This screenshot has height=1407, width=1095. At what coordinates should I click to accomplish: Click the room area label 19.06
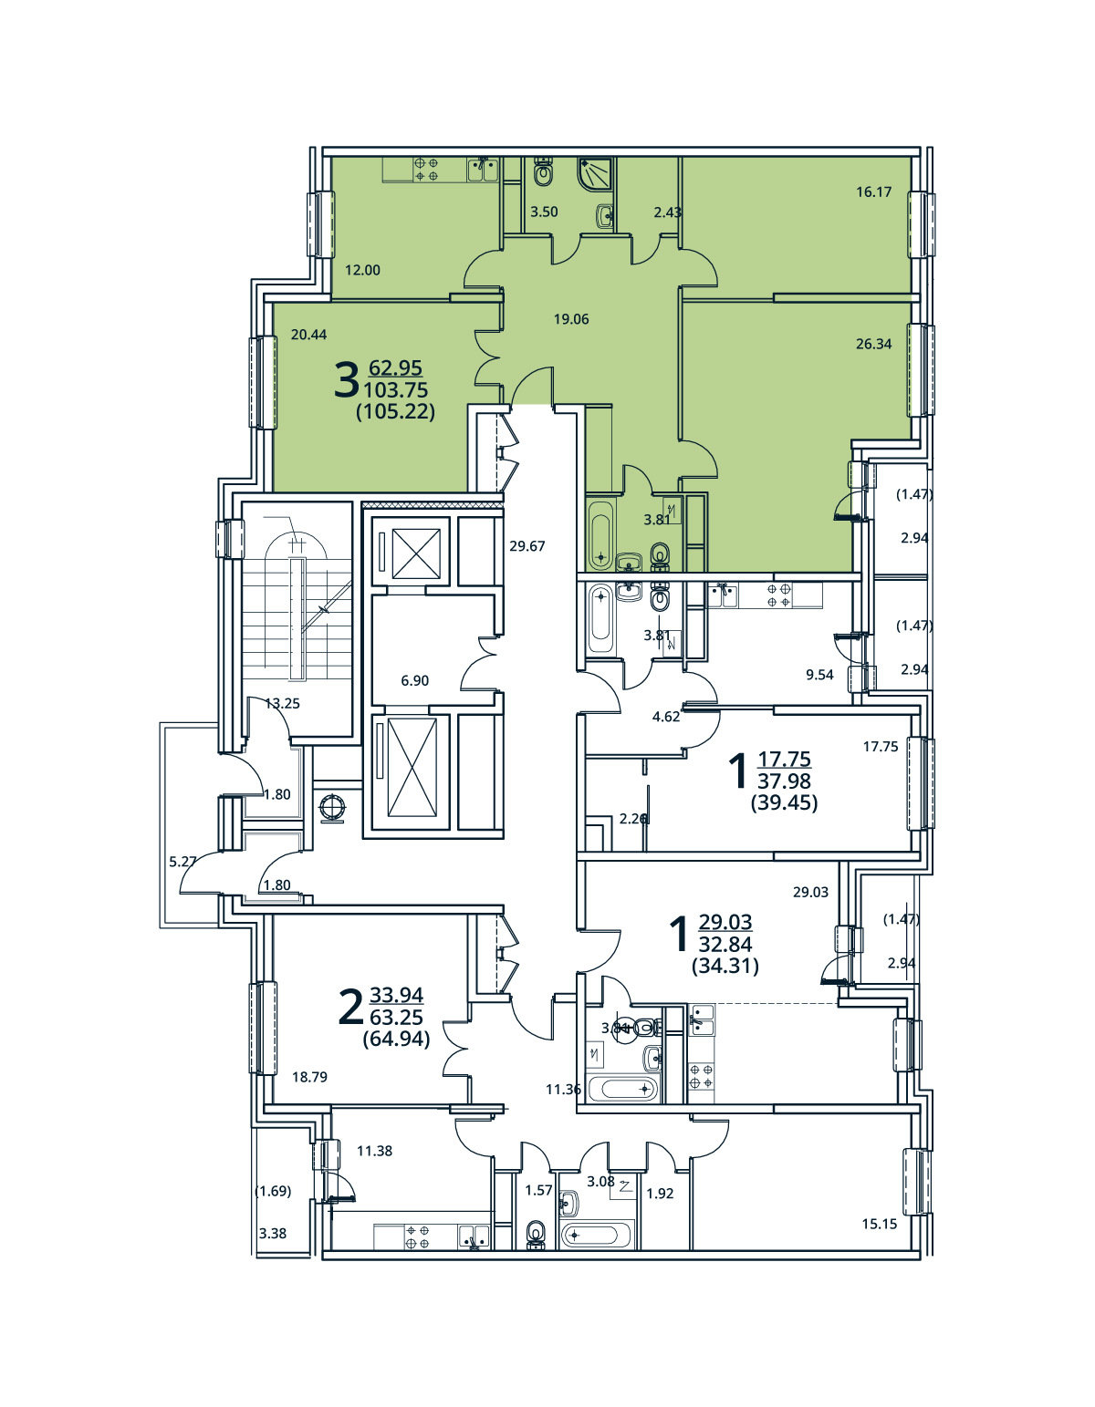[571, 319]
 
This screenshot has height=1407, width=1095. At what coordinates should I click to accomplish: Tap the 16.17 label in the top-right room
[873, 191]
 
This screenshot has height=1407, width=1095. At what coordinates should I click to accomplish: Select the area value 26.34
[873, 344]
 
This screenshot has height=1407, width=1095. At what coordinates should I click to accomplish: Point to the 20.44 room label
[308, 335]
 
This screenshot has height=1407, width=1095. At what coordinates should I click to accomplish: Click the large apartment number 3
[346, 380]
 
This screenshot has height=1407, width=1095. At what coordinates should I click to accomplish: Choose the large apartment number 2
[350, 1008]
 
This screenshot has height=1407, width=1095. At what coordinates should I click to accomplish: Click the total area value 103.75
[395, 390]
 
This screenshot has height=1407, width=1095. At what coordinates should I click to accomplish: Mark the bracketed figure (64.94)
[396, 1039]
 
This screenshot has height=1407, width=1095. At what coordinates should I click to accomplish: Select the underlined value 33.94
[396, 995]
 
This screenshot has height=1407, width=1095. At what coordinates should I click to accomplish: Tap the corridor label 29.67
[527, 546]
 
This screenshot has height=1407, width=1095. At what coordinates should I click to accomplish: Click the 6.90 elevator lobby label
[414, 680]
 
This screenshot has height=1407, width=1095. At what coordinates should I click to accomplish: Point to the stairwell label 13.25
[282, 703]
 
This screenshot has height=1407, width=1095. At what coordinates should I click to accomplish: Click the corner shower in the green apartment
[594, 173]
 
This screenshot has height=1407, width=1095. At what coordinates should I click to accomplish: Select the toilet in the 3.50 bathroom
[544, 171]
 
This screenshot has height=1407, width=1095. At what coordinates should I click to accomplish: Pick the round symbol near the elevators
[333, 807]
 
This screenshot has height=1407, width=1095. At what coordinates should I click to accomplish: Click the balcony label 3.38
[272, 1234]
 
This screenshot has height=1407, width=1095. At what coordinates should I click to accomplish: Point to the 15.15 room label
[879, 1224]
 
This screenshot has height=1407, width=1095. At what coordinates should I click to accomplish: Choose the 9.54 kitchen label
[819, 675]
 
